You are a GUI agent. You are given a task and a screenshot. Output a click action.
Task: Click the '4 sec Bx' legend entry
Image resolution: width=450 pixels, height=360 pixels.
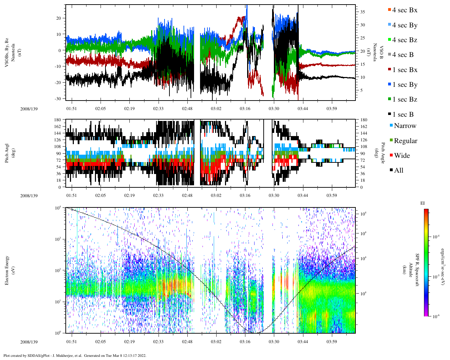coord(405,10)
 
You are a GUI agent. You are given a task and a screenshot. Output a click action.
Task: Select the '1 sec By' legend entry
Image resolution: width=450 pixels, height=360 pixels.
coord(405,85)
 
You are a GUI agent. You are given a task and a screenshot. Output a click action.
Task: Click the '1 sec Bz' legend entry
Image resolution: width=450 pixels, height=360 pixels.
coord(405,99)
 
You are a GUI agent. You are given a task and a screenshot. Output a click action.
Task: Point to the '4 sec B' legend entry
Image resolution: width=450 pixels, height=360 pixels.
coord(403,55)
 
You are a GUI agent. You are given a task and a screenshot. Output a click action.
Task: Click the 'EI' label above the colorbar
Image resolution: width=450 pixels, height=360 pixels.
coord(423,203)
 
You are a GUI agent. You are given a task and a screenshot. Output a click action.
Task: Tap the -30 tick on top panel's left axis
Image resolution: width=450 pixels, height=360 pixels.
coord(58,98)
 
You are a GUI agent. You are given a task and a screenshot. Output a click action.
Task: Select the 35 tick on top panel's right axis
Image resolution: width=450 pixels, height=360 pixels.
coord(362,12)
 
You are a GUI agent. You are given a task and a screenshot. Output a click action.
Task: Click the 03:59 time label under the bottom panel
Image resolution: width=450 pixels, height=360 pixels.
coord(332,342)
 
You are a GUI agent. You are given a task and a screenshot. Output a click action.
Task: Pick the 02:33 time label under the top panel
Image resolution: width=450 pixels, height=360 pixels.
coord(158,109)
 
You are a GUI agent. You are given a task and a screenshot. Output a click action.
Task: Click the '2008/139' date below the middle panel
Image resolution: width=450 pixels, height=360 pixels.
coord(29,196)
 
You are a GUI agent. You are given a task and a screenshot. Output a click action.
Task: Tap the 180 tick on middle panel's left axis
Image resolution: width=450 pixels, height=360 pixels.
coord(58,120)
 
